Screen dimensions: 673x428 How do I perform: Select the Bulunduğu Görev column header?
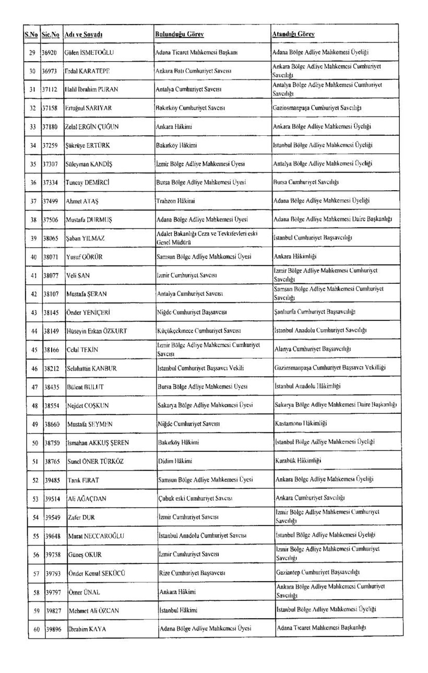coord(179,34)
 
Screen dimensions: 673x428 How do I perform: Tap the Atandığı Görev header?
coord(293,34)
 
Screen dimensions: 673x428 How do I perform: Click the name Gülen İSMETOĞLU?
coord(89,52)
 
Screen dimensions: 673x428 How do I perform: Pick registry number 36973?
coord(51,71)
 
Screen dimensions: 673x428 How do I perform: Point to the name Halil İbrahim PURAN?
coord(91,89)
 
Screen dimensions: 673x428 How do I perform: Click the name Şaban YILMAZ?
coord(86,238)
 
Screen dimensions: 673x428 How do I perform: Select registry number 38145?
coord(51,312)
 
